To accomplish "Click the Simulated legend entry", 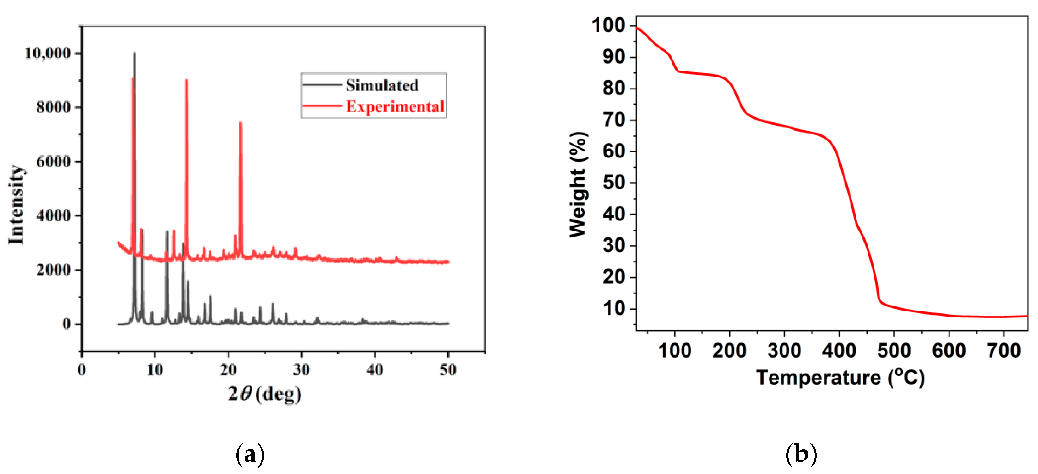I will pos(382,85).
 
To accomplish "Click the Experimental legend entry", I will pos(395,107).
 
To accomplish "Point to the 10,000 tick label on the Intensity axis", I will pos(48,53).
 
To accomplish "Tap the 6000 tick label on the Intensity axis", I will pos(53,162).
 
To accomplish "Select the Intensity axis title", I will pos(16,205).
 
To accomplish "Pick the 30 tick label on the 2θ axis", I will pos(301,370).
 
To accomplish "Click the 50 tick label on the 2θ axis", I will pos(448,370).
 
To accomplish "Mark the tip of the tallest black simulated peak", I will pos(135,53).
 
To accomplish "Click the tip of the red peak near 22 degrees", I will pos(240,122).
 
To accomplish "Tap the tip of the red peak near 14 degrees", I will pos(186,80).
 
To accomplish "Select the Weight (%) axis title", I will pos(578,185).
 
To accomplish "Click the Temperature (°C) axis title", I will pos(840,378).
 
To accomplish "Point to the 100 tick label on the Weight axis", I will pos(608,26).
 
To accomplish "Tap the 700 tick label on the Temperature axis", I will pos(1004,351).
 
